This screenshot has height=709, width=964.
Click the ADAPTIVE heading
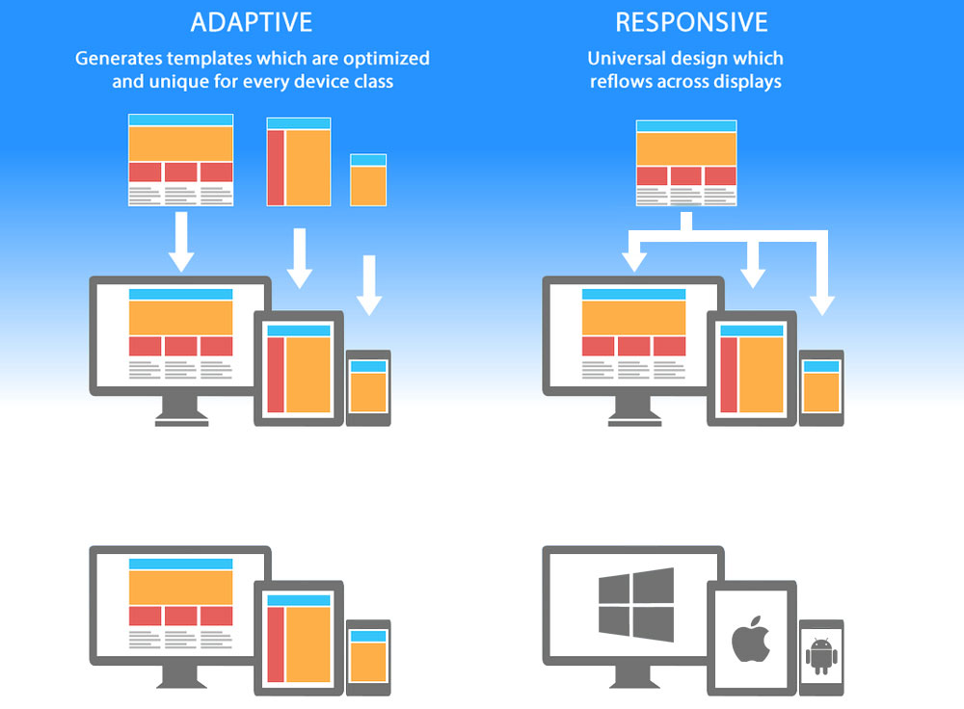point(252,22)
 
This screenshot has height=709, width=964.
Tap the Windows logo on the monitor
point(635,602)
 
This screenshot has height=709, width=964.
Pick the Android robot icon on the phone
point(821,656)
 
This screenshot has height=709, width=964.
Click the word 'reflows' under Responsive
point(621,82)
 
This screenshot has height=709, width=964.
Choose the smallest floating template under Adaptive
point(368,179)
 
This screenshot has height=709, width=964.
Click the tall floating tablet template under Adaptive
point(299,162)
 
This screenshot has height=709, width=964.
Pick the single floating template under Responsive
point(686,162)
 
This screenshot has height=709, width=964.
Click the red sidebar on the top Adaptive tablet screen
point(275,375)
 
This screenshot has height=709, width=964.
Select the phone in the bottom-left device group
point(368,657)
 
